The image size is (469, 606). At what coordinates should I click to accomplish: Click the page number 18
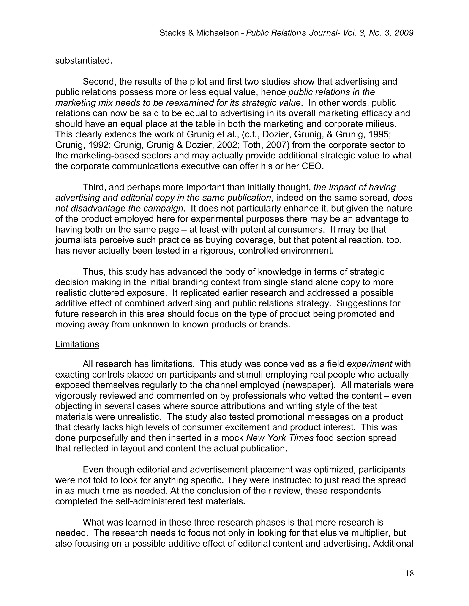409,574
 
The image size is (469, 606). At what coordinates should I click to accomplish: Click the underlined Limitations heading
77,344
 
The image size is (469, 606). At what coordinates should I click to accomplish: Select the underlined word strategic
259,103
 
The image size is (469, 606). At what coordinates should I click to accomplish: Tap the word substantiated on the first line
83,61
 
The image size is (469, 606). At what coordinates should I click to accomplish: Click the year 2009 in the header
404,33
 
